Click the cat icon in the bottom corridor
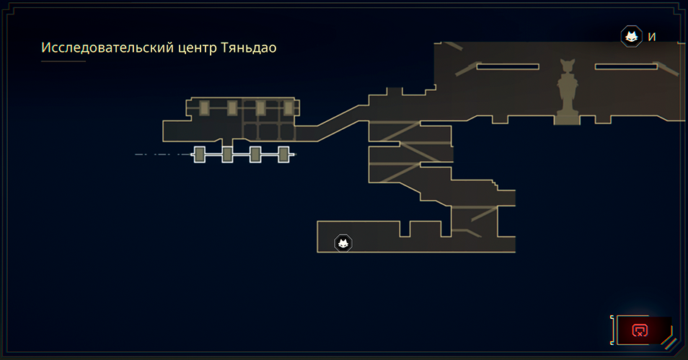click(x=343, y=243)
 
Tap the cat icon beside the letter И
click(x=632, y=37)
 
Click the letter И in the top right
click(x=652, y=38)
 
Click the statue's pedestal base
click(x=566, y=118)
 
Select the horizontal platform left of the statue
click(x=508, y=66)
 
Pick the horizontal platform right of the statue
click(x=626, y=66)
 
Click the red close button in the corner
click(x=640, y=330)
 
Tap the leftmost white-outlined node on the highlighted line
click(x=200, y=154)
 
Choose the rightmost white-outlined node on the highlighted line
click(x=283, y=154)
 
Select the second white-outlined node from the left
click(x=227, y=154)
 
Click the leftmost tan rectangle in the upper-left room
click(x=204, y=108)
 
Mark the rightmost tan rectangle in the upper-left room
click(x=288, y=108)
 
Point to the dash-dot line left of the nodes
click(x=162, y=154)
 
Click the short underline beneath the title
click(x=63, y=61)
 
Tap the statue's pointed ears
click(x=566, y=63)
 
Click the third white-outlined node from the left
click(x=255, y=154)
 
